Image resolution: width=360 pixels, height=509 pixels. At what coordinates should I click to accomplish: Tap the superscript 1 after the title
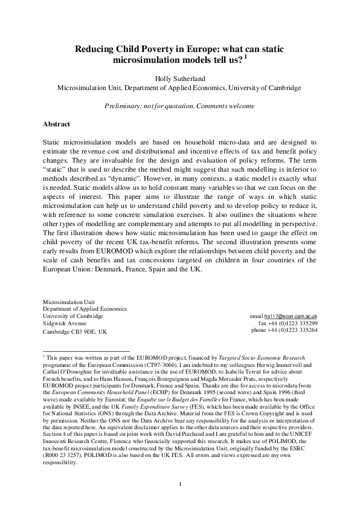tap(245, 57)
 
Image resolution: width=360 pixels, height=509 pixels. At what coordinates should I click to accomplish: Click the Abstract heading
tap(56, 124)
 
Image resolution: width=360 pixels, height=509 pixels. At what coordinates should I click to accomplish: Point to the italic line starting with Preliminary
tap(179, 106)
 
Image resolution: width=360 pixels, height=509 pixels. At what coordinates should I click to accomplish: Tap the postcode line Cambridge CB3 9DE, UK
tap(75, 332)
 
